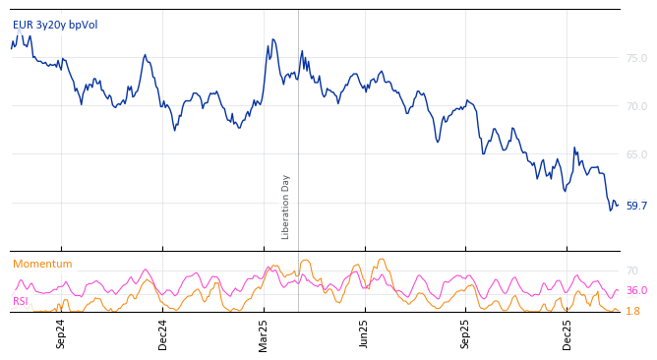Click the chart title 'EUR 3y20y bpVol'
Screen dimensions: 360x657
pos(55,25)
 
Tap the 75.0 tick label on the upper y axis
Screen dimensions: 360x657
pos(636,58)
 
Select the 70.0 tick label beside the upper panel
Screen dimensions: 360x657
pos(636,106)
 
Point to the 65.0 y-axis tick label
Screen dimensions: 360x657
pos(636,154)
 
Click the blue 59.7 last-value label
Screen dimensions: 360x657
pos(636,206)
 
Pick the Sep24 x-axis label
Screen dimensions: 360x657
pos(61,333)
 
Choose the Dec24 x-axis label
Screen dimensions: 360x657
pos(163,333)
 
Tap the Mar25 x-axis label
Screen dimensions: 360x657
pos(264,333)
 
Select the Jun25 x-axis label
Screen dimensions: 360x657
pos(365,333)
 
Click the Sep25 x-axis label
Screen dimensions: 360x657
pos(466,333)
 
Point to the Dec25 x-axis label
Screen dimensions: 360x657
pos(567,333)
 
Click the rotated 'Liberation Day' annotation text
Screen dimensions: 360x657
pos(286,207)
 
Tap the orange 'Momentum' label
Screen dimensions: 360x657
pos(42,264)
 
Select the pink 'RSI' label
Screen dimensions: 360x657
pos(20,301)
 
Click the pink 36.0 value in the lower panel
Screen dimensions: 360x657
pos(636,291)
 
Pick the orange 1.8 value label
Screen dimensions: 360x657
pos(632,311)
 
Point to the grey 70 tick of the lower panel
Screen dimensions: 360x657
pos(632,270)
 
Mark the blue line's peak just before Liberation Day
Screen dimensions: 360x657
pos(272,39)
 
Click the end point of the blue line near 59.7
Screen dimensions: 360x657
pos(617,205)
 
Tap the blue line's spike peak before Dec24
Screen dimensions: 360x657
pos(145,56)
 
